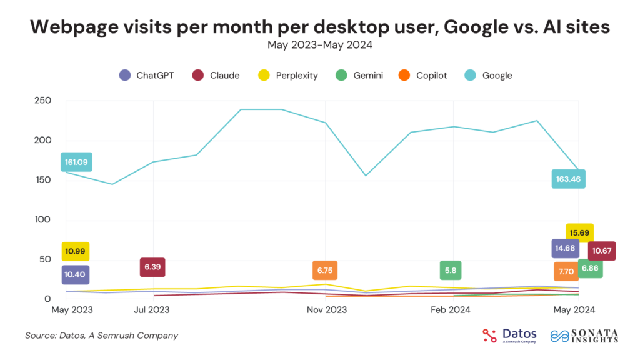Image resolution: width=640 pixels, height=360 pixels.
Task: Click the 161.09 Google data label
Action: tap(76, 162)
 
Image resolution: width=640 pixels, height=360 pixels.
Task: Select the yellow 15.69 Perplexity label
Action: tap(579, 232)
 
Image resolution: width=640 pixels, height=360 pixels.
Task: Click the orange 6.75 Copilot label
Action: tap(324, 270)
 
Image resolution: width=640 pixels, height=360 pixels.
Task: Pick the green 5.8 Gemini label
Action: tap(450, 270)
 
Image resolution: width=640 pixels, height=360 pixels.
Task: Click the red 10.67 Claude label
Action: tap(602, 251)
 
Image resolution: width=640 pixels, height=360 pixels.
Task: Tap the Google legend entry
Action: tap(491, 76)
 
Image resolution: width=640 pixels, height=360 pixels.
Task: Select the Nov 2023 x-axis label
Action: tap(327, 309)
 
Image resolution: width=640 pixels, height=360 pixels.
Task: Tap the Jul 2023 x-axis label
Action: tap(152, 309)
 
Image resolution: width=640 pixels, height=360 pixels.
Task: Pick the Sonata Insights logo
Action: tap(584, 336)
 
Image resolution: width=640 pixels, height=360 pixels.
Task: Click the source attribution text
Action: tap(101, 336)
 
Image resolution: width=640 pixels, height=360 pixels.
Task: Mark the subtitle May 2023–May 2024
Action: tap(319, 44)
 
